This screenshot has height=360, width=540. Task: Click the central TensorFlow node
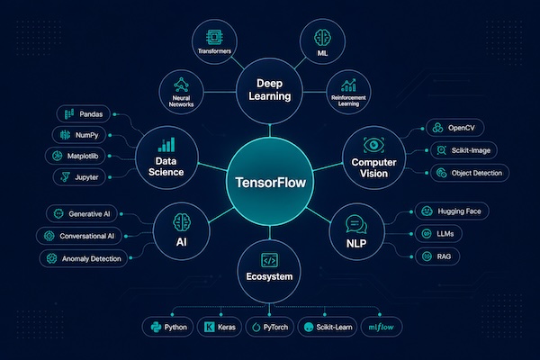tap(270, 182)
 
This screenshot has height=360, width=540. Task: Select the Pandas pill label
tap(84, 114)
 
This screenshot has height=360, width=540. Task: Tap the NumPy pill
tap(79, 135)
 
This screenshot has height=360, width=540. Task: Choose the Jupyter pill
tap(79, 177)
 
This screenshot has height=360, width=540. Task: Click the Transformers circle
tap(214, 42)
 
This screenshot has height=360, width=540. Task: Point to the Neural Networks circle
tap(181, 92)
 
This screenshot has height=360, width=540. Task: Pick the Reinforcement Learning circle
tap(348, 92)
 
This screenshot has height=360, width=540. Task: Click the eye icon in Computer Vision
tap(373, 145)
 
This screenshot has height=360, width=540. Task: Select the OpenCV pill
tap(454, 128)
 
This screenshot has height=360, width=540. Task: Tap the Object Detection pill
tap(470, 173)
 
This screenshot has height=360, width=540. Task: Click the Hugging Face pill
tap(452, 211)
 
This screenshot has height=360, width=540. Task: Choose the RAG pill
tap(437, 256)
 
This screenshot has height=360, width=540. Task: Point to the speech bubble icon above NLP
tap(356, 225)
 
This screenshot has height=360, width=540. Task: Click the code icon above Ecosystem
tap(269, 260)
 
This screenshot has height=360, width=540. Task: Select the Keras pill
tap(220, 327)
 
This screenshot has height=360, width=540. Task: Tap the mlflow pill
tap(382, 327)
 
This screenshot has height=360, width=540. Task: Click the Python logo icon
tap(156, 327)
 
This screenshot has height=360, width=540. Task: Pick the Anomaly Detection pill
tap(84, 258)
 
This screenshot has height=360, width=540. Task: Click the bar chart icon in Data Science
tap(166, 145)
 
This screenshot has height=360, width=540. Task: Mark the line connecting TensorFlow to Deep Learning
tap(270, 130)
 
